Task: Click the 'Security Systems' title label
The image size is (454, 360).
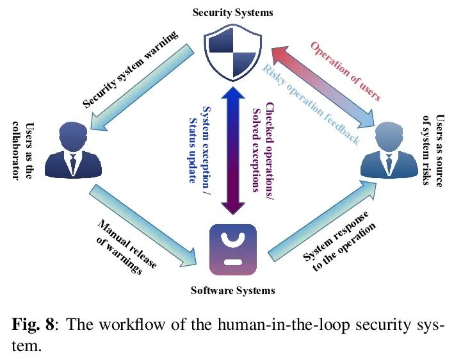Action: tap(233, 13)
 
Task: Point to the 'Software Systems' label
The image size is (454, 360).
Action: tap(233, 290)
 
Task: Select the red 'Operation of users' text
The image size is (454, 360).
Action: tap(346, 70)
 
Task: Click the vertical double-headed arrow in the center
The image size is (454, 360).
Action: tap(232, 150)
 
